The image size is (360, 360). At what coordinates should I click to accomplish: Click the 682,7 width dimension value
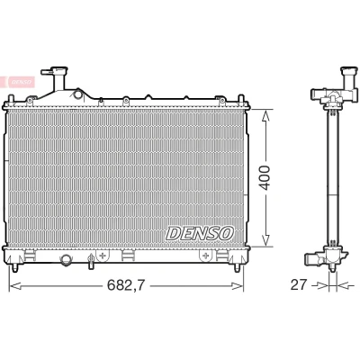click(x=126, y=285)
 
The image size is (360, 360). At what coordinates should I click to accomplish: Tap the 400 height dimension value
click(x=265, y=177)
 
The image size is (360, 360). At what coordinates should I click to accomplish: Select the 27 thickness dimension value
click(x=299, y=284)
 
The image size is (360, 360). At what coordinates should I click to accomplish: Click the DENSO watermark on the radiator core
click(x=200, y=233)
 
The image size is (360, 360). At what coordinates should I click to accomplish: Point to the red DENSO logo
click(x=18, y=82)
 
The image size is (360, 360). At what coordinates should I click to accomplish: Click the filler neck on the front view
click(x=58, y=78)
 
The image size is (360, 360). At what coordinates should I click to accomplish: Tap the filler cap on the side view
click(x=349, y=72)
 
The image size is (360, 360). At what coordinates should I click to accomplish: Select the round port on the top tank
click(x=78, y=94)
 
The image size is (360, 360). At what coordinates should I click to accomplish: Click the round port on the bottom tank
click(x=66, y=259)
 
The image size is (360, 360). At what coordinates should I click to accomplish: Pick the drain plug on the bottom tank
click(x=90, y=261)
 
